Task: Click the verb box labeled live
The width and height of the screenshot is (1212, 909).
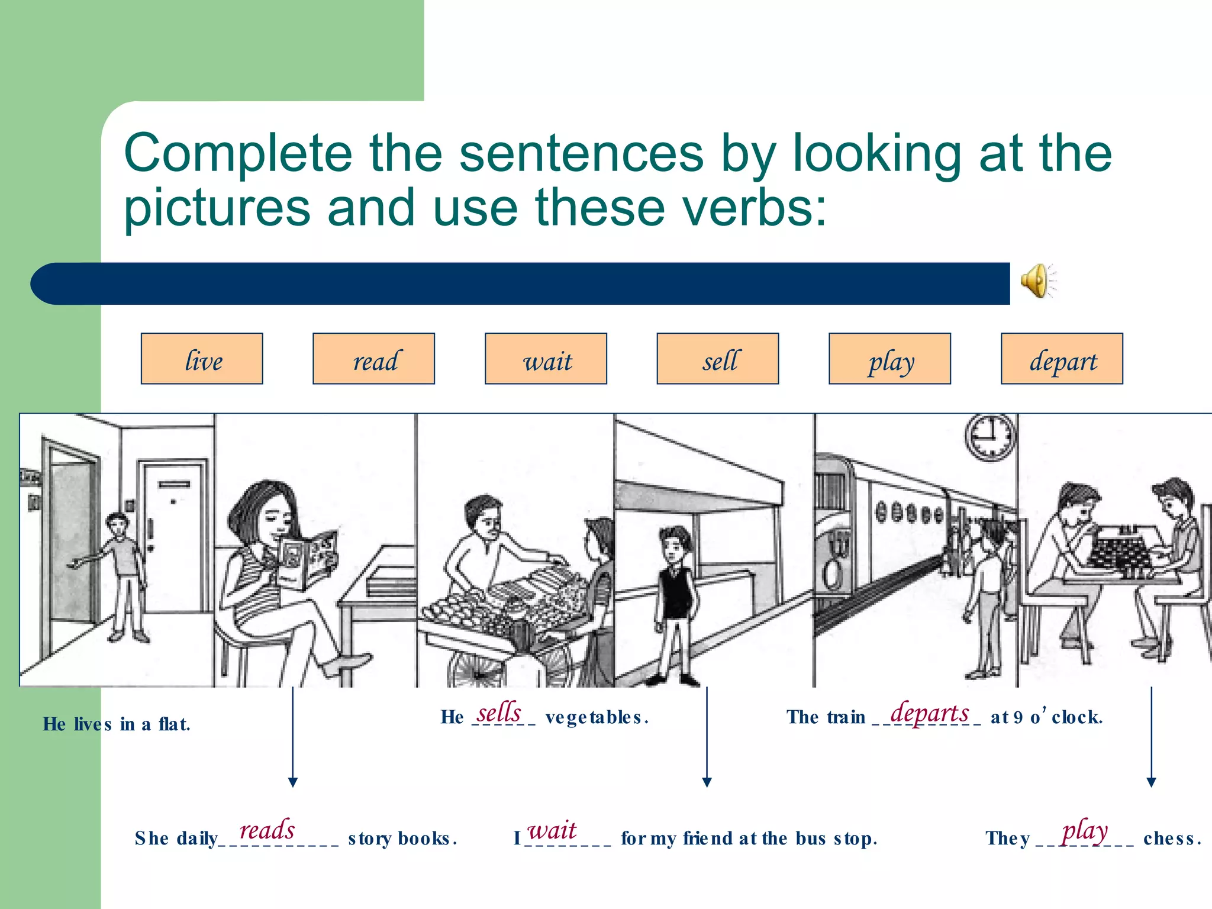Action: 202,359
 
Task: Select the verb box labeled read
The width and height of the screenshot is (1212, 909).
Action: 373,359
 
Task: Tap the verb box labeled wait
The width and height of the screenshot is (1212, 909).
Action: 546,359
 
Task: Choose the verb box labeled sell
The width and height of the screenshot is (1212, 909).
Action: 717,359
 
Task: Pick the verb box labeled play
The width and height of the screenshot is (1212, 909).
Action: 889,359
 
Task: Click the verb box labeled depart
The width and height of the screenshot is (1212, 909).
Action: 1062,359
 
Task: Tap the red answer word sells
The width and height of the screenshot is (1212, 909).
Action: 499,712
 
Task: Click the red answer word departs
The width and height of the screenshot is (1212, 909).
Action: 930,713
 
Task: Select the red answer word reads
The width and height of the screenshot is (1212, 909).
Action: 267,830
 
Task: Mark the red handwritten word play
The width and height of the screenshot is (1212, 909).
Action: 1084,831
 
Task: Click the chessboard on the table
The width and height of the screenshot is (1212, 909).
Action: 1120,550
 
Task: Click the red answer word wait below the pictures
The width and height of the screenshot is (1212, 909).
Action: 552,830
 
